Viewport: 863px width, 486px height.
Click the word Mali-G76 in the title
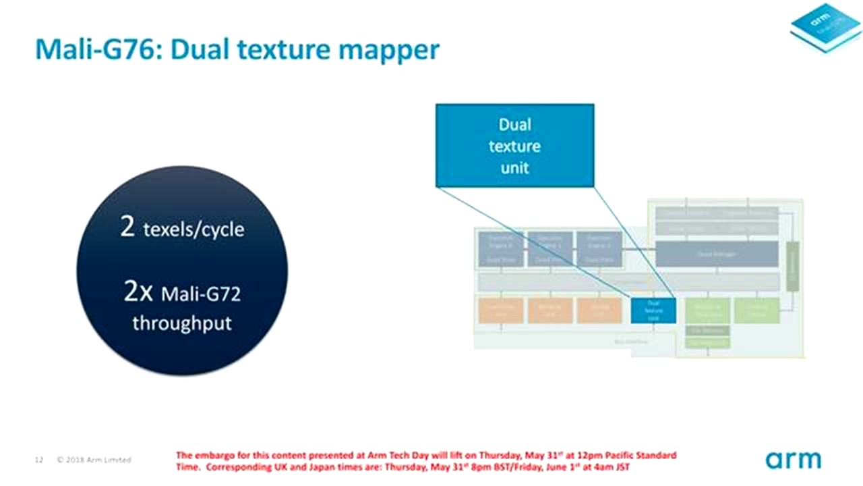pos(95,49)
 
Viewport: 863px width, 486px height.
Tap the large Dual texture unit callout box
pos(514,145)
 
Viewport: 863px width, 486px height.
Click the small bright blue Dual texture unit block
pos(653,310)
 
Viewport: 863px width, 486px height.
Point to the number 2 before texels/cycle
pos(127,227)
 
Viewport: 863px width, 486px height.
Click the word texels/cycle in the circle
pos(194,230)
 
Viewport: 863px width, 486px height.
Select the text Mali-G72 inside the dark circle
pos(201,294)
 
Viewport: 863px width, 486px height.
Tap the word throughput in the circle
pos(182,323)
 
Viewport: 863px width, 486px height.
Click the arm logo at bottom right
pos(793,460)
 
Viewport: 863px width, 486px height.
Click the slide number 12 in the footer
pos(39,460)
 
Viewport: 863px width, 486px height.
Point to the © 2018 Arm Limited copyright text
pos(94,460)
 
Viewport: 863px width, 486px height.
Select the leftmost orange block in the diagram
pos(500,310)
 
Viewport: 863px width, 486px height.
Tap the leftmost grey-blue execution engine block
pos(500,248)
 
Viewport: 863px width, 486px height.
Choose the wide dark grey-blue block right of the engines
pos(716,254)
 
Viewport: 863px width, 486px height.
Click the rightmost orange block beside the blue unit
pos(599,310)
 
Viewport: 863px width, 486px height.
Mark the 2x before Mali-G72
pos(140,292)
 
